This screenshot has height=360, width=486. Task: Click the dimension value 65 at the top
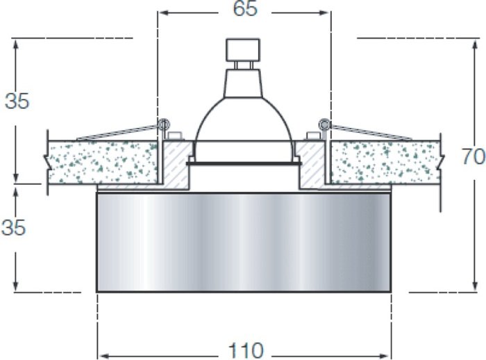pyautogui.click(x=245, y=9)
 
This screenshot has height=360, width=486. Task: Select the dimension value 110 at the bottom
pyautogui.click(x=246, y=350)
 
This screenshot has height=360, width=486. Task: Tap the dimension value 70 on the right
pyautogui.click(x=474, y=156)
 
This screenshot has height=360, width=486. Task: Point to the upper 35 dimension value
pyautogui.click(x=17, y=101)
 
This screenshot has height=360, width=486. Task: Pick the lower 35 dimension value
pyautogui.click(x=14, y=227)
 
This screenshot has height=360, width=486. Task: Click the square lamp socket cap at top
pyautogui.click(x=243, y=49)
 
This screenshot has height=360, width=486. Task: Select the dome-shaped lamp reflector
pyautogui.click(x=243, y=120)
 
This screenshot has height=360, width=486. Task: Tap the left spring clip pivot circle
pyautogui.click(x=163, y=124)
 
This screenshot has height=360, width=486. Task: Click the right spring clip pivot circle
pyautogui.click(x=324, y=124)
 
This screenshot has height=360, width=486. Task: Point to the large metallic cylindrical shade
pyautogui.click(x=244, y=243)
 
